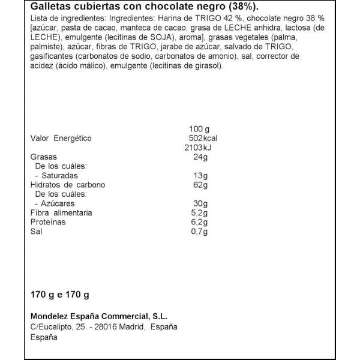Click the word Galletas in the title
[49, 8]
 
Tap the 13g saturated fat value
[201, 176]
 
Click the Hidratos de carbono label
[68, 185]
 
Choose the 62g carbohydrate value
[201, 185]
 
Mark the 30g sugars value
[201, 203]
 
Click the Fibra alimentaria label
[61, 213]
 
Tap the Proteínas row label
[48, 222]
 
